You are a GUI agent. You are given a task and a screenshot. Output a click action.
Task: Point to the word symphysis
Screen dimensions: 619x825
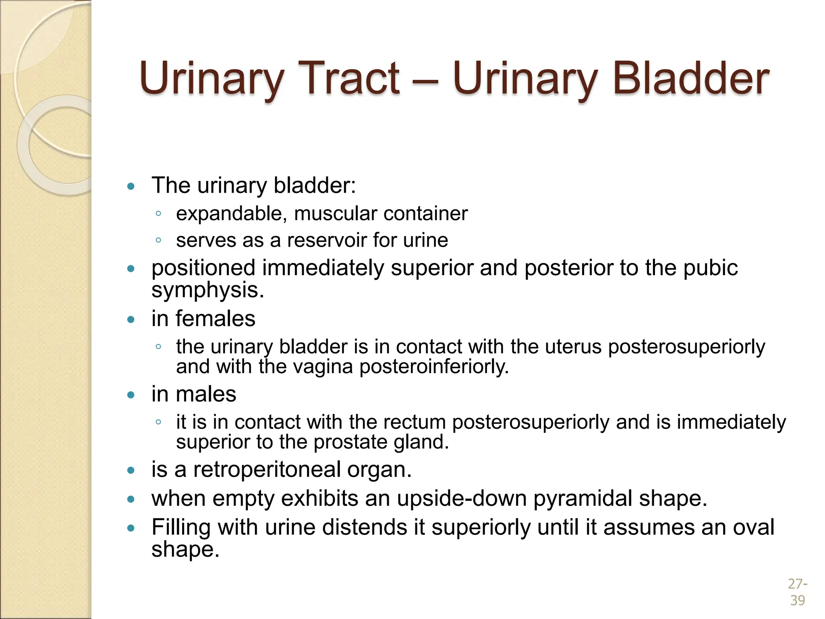[207, 290]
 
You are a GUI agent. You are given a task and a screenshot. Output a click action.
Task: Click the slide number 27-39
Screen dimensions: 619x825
[797, 592]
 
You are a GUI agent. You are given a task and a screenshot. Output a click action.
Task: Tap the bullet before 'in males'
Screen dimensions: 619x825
[131, 395]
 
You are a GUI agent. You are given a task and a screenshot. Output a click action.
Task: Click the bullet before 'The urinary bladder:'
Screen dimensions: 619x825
[131, 186]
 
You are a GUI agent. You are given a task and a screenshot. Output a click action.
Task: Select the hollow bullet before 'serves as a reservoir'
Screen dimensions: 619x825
[158, 241]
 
